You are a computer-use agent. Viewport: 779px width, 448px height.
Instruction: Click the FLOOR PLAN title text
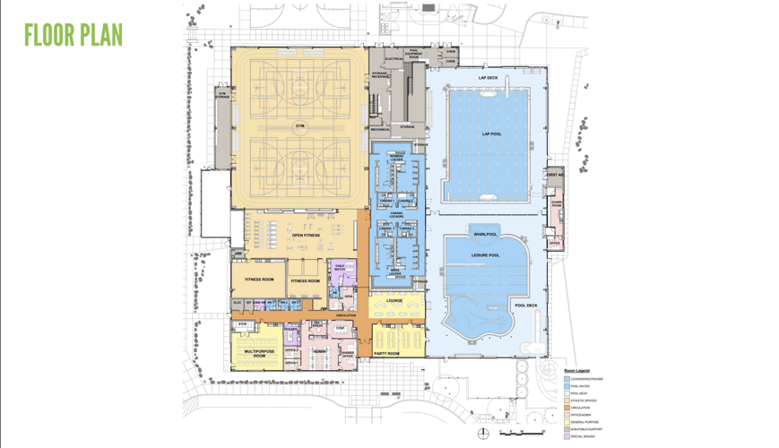73,36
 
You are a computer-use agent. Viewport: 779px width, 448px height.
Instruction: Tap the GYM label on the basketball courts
299,126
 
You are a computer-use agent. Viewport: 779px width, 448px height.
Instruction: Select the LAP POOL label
491,134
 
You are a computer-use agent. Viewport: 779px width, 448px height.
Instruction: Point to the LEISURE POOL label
485,255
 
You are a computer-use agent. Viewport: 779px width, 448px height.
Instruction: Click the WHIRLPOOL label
485,234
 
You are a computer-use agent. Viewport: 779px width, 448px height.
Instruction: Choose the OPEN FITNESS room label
305,236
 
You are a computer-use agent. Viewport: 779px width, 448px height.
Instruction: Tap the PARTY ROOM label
386,354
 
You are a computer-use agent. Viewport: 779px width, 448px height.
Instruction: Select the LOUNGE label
394,301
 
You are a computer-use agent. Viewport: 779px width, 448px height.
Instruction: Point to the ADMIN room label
319,351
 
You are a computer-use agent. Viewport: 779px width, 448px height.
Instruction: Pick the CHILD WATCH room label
340,267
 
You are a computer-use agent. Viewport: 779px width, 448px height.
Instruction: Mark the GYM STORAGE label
222,94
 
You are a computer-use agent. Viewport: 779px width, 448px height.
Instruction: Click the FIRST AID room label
555,175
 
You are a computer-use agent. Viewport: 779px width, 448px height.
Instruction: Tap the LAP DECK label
488,78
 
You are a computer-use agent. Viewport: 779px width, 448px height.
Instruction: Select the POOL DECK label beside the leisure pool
525,306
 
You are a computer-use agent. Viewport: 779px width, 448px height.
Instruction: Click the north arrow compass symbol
483,434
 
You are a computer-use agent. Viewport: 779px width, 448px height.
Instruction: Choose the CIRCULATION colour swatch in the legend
567,408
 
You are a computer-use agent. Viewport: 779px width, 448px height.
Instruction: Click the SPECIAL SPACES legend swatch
567,437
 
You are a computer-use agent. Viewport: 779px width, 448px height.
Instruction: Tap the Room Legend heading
576,370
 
